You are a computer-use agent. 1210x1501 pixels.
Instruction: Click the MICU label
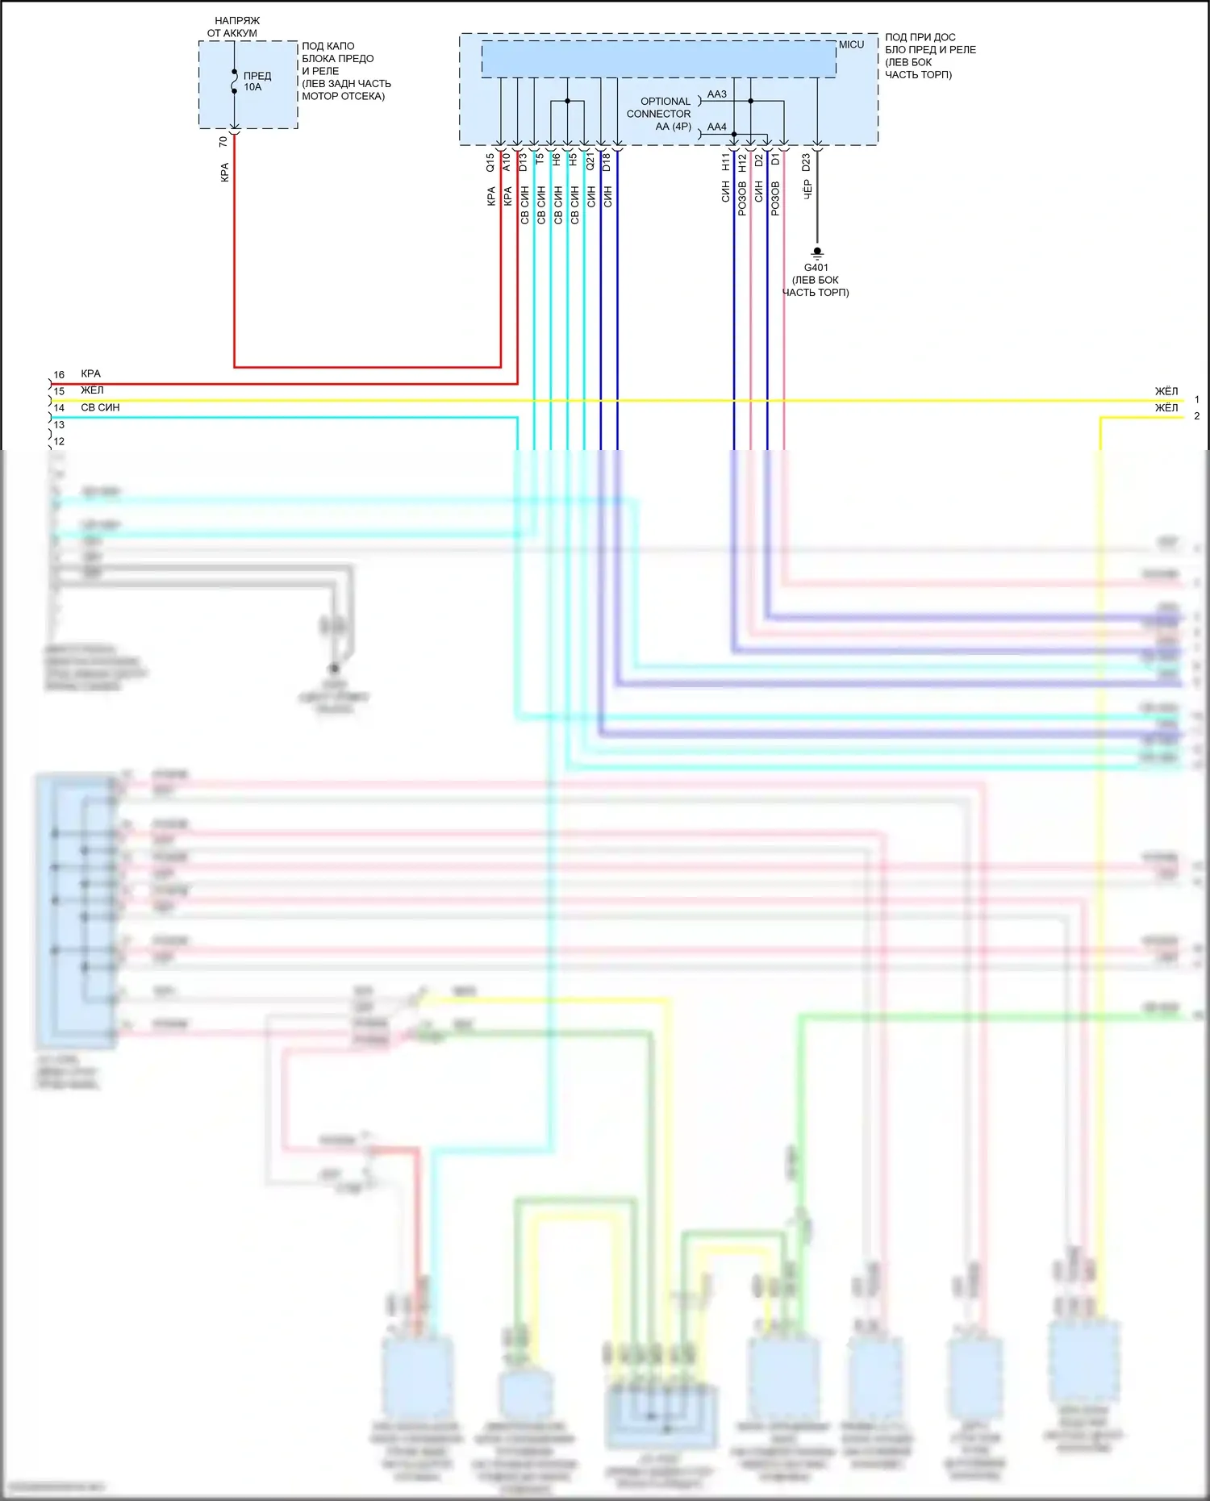tap(851, 44)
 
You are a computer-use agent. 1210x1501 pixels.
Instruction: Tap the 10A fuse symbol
tap(234, 81)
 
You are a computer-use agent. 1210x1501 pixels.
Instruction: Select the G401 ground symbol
tap(817, 252)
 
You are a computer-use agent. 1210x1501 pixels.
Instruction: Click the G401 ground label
tap(816, 268)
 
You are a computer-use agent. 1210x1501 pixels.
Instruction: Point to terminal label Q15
tap(490, 162)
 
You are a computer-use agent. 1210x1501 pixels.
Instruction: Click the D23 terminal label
tap(806, 162)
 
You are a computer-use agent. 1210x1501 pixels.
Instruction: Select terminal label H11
tap(725, 162)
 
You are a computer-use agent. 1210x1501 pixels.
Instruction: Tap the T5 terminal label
tap(540, 160)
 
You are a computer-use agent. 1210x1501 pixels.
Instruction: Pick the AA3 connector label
tap(716, 94)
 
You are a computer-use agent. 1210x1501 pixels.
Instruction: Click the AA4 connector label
tap(716, 127)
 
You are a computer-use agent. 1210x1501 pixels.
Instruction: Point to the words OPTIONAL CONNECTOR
tap(659, 107)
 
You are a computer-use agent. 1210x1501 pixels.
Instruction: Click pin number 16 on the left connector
tap(59, 375)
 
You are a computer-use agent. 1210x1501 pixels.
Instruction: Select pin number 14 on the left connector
tap(59, 408)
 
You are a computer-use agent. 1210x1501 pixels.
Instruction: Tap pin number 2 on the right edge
tap(1196, 416)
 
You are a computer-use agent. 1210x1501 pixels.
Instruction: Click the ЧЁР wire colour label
tap(807, 190)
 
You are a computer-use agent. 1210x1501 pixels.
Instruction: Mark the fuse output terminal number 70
tap(223, 142)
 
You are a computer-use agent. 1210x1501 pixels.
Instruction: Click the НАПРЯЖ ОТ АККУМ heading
tap(234, 27)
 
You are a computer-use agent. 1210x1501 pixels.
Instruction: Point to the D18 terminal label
tap(607, 162)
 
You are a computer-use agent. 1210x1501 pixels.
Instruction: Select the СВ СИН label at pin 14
tap(100, 408)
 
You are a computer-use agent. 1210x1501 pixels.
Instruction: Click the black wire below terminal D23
tap(817, 218)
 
